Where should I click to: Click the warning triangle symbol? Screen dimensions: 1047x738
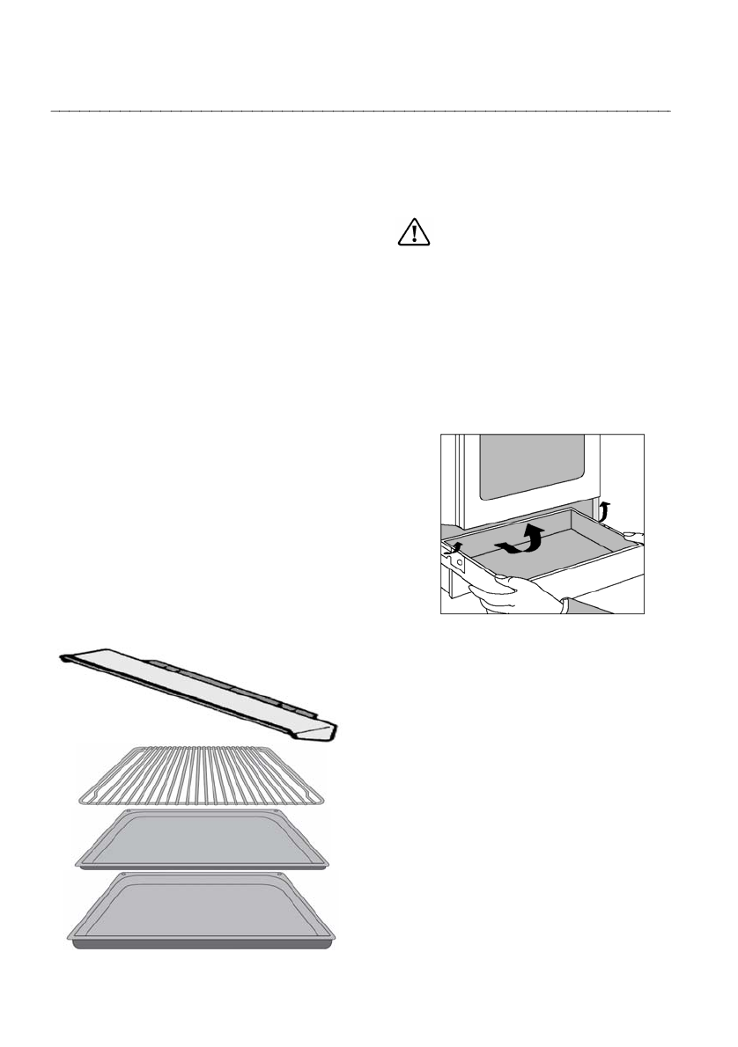[412, 231]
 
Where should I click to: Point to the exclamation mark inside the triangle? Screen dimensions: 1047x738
[412, 234]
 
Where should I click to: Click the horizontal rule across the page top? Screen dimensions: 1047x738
[361, 112]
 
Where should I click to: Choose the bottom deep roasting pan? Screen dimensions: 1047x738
[203, 911]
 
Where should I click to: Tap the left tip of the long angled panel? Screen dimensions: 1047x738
[65, 656]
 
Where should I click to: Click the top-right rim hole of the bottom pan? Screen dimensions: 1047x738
[280, 875]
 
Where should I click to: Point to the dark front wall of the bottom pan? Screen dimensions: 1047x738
[203, 945]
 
